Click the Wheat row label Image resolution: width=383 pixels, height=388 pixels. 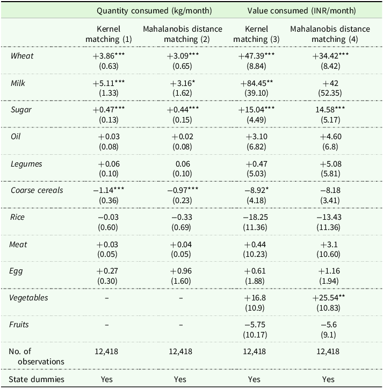pos(22,56)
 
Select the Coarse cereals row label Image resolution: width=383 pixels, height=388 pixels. pos(37,190)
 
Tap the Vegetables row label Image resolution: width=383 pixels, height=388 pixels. pos(28,298)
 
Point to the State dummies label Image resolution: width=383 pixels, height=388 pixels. pos(37,379)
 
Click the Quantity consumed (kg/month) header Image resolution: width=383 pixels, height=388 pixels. pos(154,11)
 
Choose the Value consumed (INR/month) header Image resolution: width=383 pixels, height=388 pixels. pos(301,11)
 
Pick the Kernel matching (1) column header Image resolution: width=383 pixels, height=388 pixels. pos(109,34)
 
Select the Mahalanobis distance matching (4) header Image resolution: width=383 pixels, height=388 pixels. pos(330,34)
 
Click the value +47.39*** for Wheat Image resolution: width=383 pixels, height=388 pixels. pos(256,56)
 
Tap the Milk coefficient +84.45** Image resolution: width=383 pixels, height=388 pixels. pos(257,83)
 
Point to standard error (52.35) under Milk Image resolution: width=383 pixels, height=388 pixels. pos(330,93)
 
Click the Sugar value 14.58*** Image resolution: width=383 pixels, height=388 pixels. pos(330,110)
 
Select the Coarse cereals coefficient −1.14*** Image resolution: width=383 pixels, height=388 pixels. pos(109,190)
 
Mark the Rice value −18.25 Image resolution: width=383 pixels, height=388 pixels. pos(255,217)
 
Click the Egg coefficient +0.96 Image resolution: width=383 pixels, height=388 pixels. pos(181,271)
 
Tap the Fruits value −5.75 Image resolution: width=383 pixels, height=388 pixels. pos(255,325)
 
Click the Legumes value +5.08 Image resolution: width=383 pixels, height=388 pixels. pos(330,164)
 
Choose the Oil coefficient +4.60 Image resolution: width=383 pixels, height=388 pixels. pos(330,136)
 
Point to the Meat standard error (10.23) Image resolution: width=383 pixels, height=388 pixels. pos(255,254)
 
